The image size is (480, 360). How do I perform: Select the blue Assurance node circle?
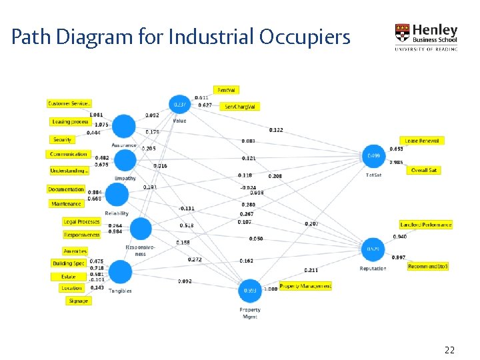pyautogui.click(x=123, y=126)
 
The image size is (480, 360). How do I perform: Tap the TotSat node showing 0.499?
pyautogui.click(x=374, y=157)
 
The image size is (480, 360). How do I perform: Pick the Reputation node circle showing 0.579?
pyautogui.click(x=373, y=249)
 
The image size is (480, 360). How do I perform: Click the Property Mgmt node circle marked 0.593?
pyautogui.click(x=251, y=291)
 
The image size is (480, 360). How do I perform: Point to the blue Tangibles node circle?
pyautogui.click(x=120, y=273)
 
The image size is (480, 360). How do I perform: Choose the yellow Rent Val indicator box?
pyautogui.click(x=227, y=90)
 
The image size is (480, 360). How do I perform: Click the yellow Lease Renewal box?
pyautogui.click(x=422, y=141)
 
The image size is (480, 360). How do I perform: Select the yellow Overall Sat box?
pyautogui.click(x=424, y=171)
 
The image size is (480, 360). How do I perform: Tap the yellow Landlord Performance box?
pyautogui.click(x=426, y=225)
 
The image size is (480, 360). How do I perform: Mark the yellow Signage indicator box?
pyautogui.click(x=78, y=301)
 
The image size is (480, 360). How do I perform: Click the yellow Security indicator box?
pyautogui.click(x=63, y=140)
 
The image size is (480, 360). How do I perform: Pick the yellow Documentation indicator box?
pyautogui.click(x=66, y=189)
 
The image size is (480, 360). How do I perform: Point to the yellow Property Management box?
pyautogui.click(x=305, y=286)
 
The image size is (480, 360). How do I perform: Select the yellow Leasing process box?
pyautogui.click(x=71, y=122)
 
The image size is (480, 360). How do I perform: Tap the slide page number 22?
pyautogui.click(x=449, y=350)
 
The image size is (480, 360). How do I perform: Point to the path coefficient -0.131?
pyautogui.click(x=187, y=209)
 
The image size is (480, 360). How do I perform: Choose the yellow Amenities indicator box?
pyautogui.click(x=75, y=251)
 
